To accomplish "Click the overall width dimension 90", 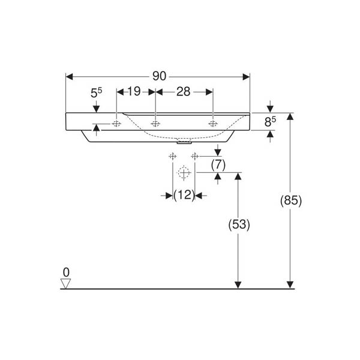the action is [159, 76].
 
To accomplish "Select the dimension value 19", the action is [134, 91].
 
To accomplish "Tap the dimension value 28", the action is [184, 92].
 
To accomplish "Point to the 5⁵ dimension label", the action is [96, 93].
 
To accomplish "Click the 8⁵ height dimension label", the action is [270, 122].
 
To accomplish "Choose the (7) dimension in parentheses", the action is [218, 165].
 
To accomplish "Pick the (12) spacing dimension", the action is [184, 195].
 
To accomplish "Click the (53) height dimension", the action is [239, 224].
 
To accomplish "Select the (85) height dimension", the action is [291, 200].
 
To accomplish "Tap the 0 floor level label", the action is [66, 272].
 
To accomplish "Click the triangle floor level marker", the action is [65, 284].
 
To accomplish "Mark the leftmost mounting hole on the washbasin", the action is [116, 124].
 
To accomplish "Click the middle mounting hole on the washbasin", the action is [155, 124].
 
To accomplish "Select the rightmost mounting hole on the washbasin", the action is [213, 124].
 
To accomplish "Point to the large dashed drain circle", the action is [184, 172].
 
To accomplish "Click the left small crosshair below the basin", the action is [172, 157].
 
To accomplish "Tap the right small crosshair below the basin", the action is [194, 157].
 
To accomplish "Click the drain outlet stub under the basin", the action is [184, 143].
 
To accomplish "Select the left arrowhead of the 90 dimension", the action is [70, 77].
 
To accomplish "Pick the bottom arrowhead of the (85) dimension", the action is [290, 285].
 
